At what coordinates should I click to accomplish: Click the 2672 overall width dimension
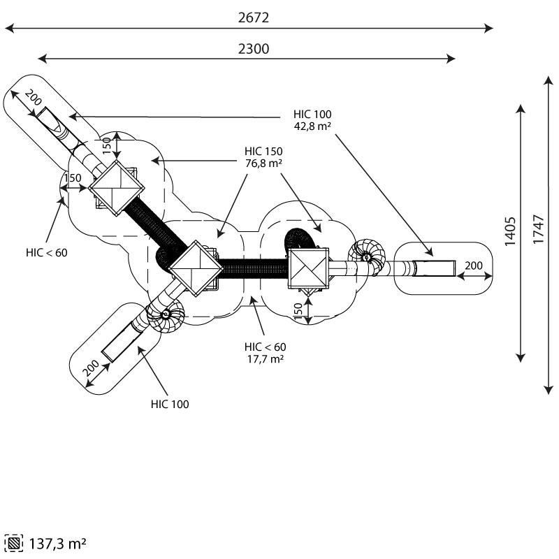253,18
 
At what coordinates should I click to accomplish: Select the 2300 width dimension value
253,48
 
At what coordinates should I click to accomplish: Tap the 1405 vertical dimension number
511,231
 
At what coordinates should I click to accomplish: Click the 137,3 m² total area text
58,543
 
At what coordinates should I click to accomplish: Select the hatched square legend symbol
15,543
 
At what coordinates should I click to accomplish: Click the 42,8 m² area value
312,126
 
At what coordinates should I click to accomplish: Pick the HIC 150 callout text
263,151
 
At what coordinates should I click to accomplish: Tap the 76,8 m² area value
263,163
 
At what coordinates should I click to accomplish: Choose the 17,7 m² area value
265,358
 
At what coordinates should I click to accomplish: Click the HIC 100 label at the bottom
170,404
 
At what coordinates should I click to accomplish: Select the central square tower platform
194,268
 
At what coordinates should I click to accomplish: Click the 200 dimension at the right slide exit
474,266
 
